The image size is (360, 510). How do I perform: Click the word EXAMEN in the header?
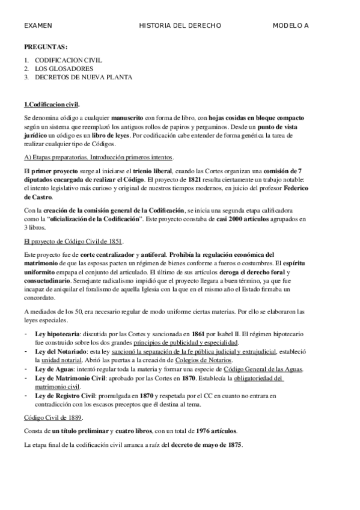pyautogui.click(x=38, y=26)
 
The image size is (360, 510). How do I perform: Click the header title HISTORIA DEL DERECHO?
pyautogui.click(x=180, y=26)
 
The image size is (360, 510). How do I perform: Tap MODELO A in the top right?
pyautogui.click(x=290, y=26)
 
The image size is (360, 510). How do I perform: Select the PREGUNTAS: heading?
pyautogui.click(x=46, y=47)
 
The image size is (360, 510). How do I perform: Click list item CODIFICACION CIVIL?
pyautogui.click(x=68, y=60)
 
